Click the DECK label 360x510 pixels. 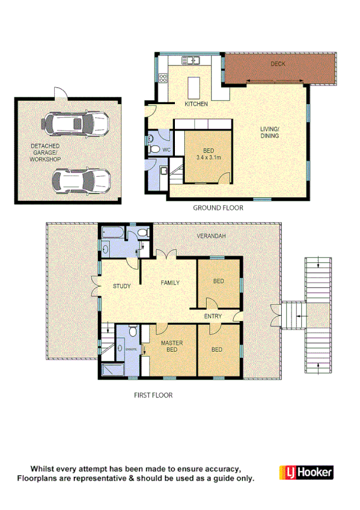click(x=277, y=63)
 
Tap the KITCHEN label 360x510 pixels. click(x=196, y=104)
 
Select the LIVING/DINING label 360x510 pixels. click(x=270, y=132)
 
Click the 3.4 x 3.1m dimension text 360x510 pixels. click(x=209, y=158)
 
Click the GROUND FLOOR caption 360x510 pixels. click(x=218, y=208)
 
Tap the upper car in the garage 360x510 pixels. click(x=75, y=124)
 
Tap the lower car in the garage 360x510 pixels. click(x=81, y=179)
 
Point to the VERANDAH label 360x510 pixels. click(x=211, y=236)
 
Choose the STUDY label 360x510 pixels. click(x=122, y=286)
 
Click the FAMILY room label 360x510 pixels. click(x=169, y=282)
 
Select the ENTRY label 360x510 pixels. click(x=213, y=316)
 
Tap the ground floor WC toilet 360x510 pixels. click(x=154, y=149)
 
